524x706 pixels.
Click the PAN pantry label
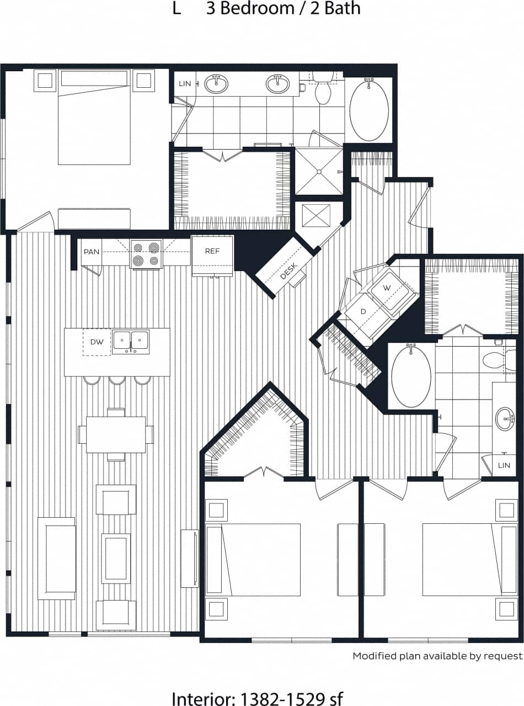91,252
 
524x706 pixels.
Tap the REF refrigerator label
212,251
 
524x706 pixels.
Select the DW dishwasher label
97,342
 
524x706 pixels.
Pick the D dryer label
363,312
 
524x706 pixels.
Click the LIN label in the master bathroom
185,83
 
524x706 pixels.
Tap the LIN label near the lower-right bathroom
504,465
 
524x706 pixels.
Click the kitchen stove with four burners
146,254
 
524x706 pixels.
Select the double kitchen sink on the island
131,341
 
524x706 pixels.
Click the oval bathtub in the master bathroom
369,109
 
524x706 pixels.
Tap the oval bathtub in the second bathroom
411,375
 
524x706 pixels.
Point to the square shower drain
319,172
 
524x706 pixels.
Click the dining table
116,434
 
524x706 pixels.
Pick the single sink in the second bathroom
505,418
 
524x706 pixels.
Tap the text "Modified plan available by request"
437,656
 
